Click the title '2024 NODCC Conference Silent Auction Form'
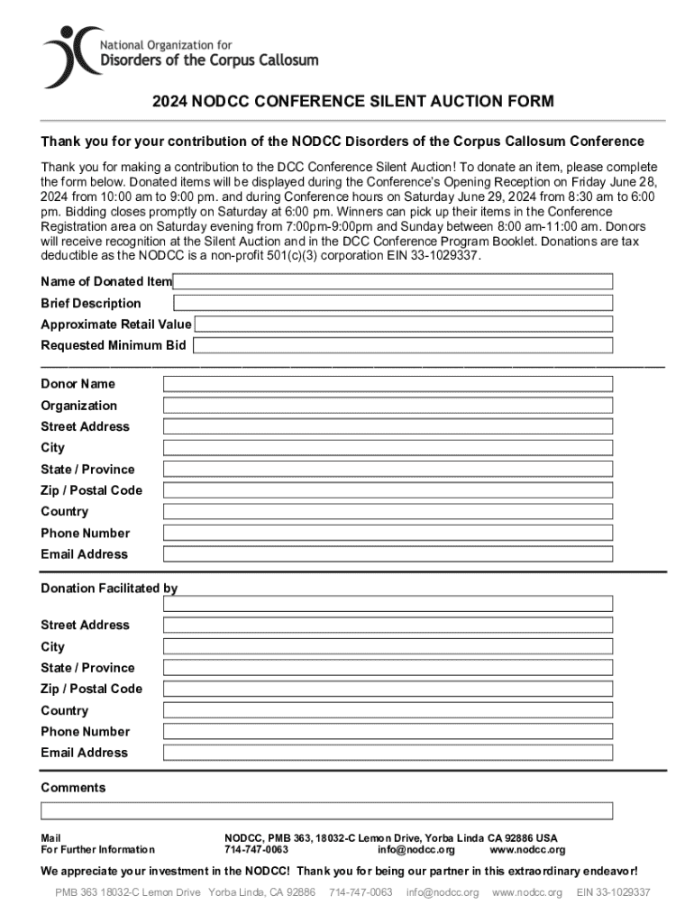[x=352, y=101]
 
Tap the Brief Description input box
[x=392, y=303]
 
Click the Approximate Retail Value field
[x=403, y=324]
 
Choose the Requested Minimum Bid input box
[x=402, y=345]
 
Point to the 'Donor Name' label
[x=78, y=384]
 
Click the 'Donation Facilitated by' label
[x=109, y=589]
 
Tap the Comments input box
[x=326, y=810]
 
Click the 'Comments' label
[x=73, y=788]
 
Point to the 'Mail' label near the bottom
[x=50, y=837]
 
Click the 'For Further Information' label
[x=97, y=850]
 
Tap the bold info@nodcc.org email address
[x=415, y=850]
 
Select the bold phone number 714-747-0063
[x=256, y=850]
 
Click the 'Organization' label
[x=78, y=406]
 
